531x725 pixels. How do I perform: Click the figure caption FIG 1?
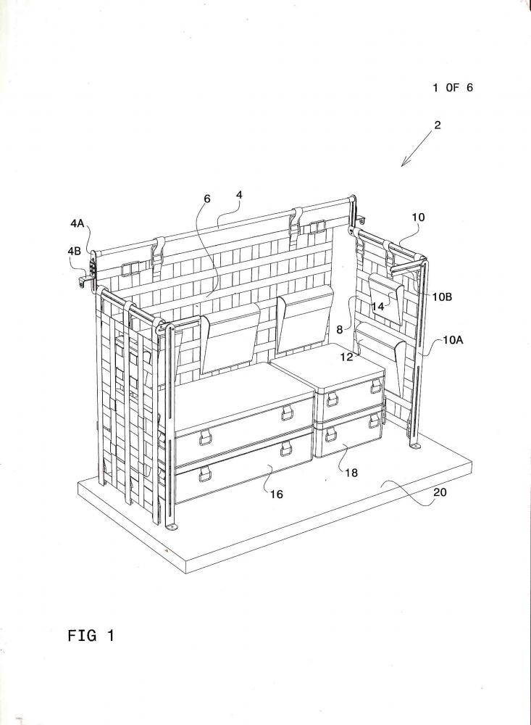pyautogui.click(x=91, y=635)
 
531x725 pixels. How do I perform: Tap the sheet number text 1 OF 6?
pyautogui.click(x=453, y=88)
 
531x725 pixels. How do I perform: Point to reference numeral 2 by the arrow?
pyautogui.click(x=437, y=125)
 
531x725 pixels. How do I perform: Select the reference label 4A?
pyautogui.click(x=78, y=224)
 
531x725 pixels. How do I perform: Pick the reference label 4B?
pyautogui.click(x=74, y=251)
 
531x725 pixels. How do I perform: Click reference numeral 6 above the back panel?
pyautogui.click(x=207, y=199)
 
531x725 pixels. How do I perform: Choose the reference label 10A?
pyautogui.click(x=453, y=340)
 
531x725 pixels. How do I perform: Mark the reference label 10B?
pyautogui.click(x=443, y=297)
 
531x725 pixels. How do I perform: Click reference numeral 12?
pyautogui.click(x=347, y=357)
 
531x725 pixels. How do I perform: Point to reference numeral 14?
pyautogui.click(x=378, y=306)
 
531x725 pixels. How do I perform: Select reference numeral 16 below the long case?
pyautogui.click(x=276, y=494)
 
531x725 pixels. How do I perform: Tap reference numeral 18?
pyautogui.click(x=351, y=473)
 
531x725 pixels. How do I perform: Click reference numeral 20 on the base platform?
pyautogui.click(x=440, y=492)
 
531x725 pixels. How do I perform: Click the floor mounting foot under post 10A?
pyautogui.click(x=415, y=446)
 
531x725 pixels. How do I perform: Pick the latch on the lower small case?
pyautogui.click(x=331, y=434)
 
